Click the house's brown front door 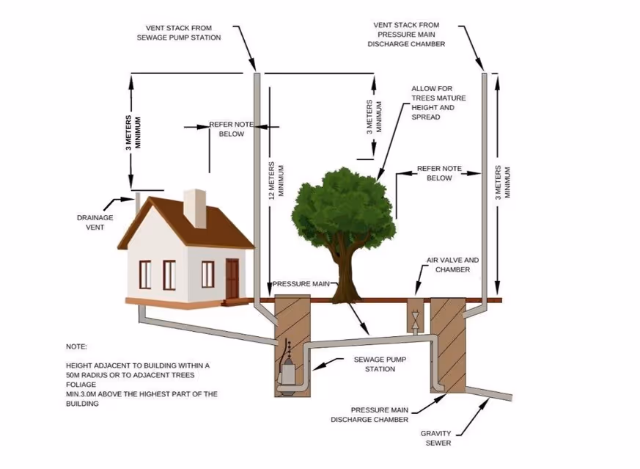[232, 278]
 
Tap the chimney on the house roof [195, 208]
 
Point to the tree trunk [344, 275]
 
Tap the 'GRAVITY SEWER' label [435, 438]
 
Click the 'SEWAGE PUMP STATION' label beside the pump [380, 364]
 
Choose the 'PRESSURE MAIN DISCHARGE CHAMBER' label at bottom [369, 415]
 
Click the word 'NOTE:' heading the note [76, 346]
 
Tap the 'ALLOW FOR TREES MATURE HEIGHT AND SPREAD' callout [438, 103]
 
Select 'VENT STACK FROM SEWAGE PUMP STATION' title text [178, 32]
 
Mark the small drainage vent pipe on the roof [137, 200]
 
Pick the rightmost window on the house [207, 274]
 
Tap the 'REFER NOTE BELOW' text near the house [231, 129]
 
